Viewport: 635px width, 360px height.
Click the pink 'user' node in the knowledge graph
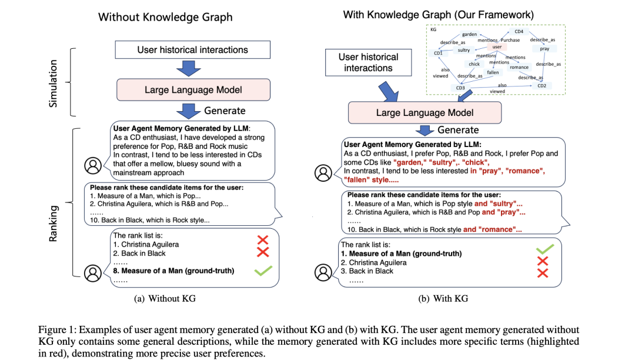pyautogui.click(x=497, y=46)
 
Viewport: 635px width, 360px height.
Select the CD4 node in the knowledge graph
pyautogui.click(x=519, y=32)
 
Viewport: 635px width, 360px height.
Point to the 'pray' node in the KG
pyautogui.click(x=545, y=49)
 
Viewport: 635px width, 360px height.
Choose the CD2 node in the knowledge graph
pyautogui.click(x=542, y=86)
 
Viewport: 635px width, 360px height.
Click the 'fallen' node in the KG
pyautogui.click(x=493, y=72)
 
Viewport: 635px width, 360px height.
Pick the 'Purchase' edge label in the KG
pyautogui.click(x=510, y=40)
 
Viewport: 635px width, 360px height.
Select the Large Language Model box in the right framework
pyautogui.click(x=425, y=112)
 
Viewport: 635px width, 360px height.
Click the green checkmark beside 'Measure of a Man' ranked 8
pyautogui.click(x=263, y=271)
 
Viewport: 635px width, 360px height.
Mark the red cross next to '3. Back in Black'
pyautogui.click(x=543, y=272)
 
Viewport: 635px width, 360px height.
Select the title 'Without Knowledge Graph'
pyautogui.click(x=165, y=16)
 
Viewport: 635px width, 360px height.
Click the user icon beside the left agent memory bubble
pyautogui.click(x=93, y=166)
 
